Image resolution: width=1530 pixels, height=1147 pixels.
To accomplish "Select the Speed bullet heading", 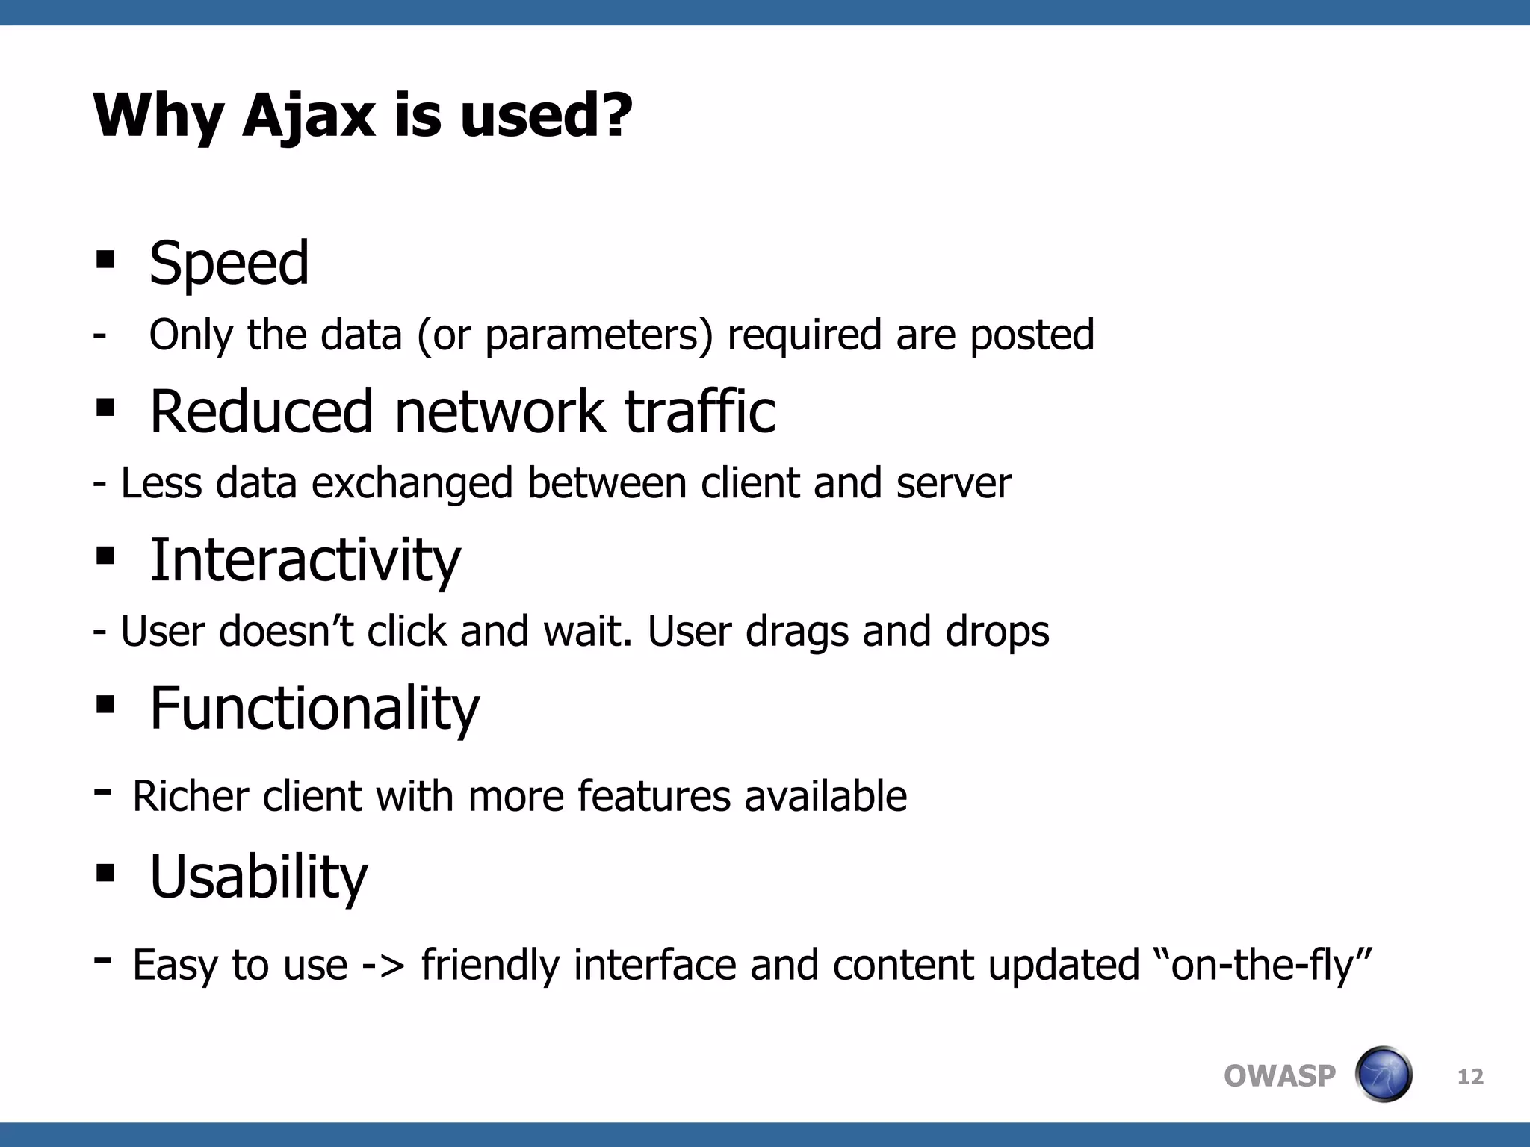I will (229, 263).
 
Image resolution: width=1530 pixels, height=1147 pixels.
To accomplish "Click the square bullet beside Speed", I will (105, 260).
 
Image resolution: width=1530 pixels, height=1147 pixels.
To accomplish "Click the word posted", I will (1031, 335).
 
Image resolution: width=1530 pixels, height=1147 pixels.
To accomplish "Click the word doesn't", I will (285, 632).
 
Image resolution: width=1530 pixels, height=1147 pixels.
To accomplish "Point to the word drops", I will (997, 632).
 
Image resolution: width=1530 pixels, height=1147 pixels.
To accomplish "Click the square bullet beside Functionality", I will (105, 704).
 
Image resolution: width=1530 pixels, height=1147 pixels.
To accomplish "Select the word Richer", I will (191, 796).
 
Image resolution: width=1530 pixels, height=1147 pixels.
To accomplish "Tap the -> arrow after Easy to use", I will (383, 965).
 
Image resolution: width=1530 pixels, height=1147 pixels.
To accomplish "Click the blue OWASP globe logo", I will (1383, 1075).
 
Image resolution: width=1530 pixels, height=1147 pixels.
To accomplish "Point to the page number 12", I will (1470, 1076).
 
